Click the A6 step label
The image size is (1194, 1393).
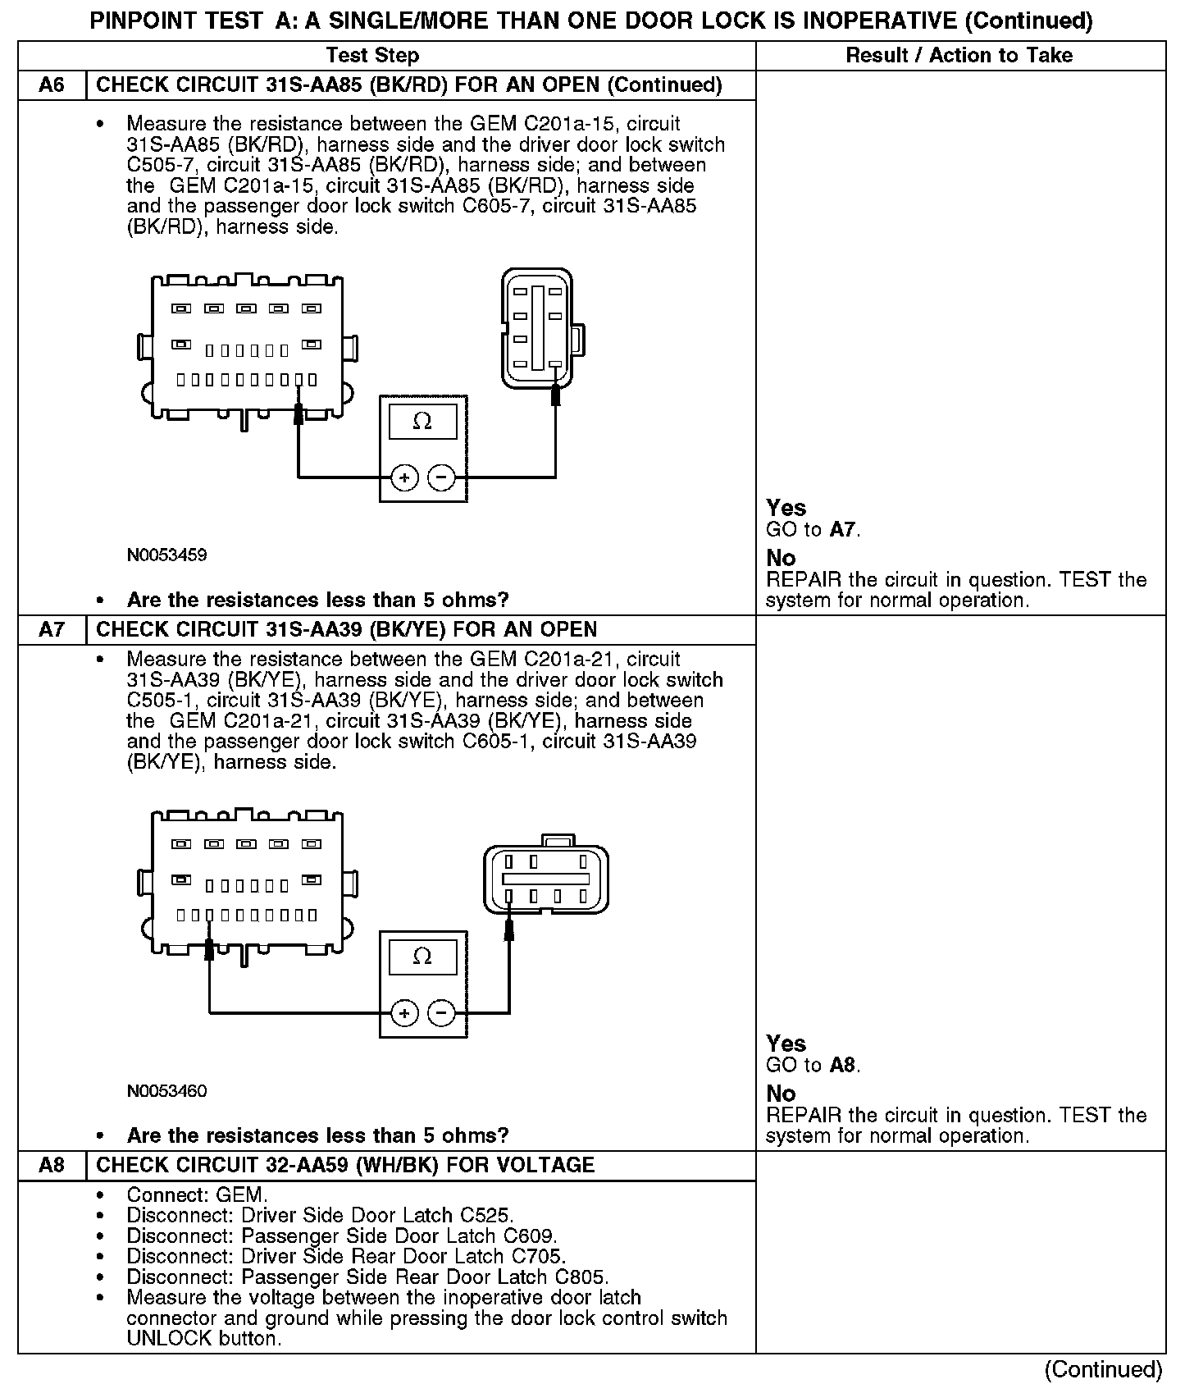pyautogui.click(x=52, y=85)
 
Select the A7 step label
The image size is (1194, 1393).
pyautogui.click(x=52, y=630)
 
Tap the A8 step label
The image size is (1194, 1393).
pyautogui.click(x=52, y=1165)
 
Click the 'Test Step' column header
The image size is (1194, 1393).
pyautogui.click(x=372, y=56)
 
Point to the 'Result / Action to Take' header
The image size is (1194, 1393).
pyautogui.click(x=959, y=56)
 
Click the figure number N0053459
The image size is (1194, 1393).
pyautogui.click(x=166, y=555)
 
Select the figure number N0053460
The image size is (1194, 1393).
pyautogui.click(x=166, y=1091)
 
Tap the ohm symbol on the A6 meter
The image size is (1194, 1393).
pyautogui.click(x=422, y=422)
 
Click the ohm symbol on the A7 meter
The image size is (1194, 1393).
pyautogui.click(x=422, y=957)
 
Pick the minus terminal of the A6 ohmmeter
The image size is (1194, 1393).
pyautogui.click(x=442, y=477)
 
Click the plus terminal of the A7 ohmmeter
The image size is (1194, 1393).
pyautogui.click(x=404, y=1013)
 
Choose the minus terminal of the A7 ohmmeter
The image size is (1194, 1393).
pyautogui.click(x=442, y=1013)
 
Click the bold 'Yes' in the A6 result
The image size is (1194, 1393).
pyautogui.click(x=786, y=508)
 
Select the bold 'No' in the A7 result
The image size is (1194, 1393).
pyautogui.click(x=781, y=1094)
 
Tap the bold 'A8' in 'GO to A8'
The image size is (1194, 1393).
pyautogui.click(x=842, y=1066)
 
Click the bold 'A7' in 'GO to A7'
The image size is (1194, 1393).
pyautogui.click(x=842, y=530)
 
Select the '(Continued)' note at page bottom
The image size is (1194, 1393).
pyautogui.click(x=1103, y=1369)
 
